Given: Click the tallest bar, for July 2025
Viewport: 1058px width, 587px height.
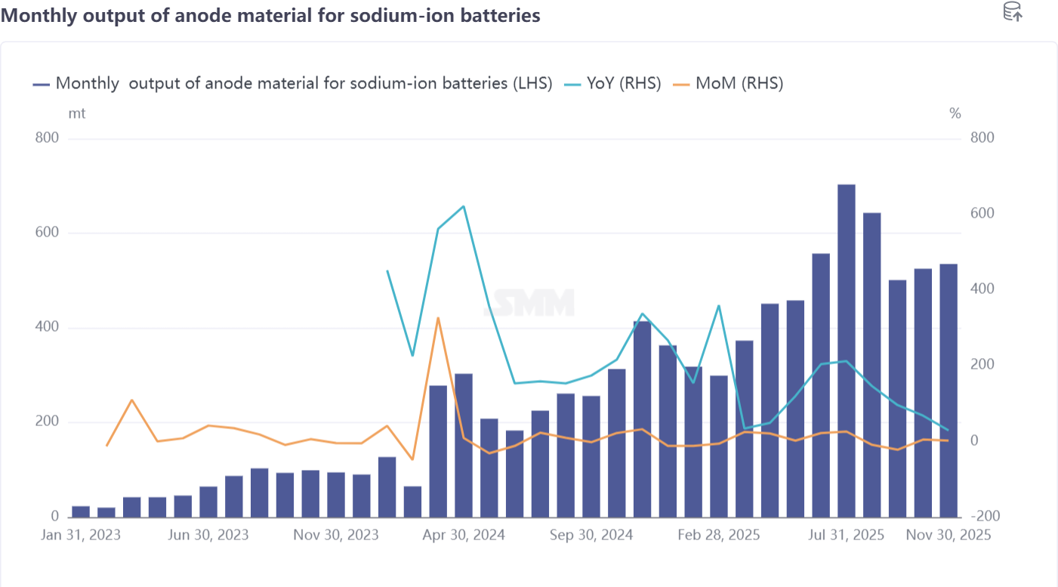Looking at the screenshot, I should pyautogui.click(x=847, y=351).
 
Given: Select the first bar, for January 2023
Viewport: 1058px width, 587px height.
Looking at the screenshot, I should pyautogui.click(x=81, y=511).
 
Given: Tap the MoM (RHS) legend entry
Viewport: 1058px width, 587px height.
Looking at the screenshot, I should pyautogui.click(x=729, y=83).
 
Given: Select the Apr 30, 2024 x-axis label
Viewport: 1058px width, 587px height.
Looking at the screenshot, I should pyautogui.click(x=464, y=535).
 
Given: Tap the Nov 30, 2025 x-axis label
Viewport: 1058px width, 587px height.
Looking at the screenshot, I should pyautogui.click(x=948, y=535).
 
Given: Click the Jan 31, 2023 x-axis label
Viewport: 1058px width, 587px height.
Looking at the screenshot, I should pyautogui.click(x=81, y=535).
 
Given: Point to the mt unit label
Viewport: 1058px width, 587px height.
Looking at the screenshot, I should pyautogui.click(x=77, y=114).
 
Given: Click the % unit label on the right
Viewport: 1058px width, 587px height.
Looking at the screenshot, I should pyautogui.click(x=955, y=114).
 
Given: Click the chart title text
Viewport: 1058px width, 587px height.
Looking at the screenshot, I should pyautogui.click(x=270, y=15).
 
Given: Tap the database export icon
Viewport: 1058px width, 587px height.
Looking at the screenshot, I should pyautogui.click(x=1012, y=11).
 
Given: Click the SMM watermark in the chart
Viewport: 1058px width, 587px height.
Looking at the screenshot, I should pyautogui.click(x=529, y=303).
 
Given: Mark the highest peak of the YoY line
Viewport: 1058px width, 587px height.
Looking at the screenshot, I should pyautogui.click(x=464, y=206).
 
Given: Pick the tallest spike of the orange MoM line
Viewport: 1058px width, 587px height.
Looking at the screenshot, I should pyautogui.click(x=438, y=318).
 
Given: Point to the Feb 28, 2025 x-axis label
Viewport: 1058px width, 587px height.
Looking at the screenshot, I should pyautogui.click(x=719, y=535).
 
